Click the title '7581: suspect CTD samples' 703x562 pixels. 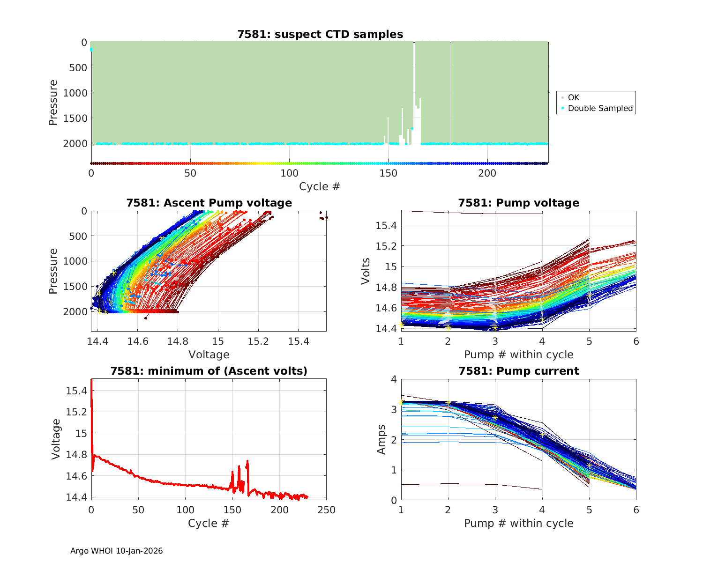(x=320, y=34)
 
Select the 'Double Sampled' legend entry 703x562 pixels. (x=600, y=108)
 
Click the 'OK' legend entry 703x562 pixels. (x=573, y=97)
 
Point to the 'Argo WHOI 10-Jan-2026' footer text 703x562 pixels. (x=116, y=551)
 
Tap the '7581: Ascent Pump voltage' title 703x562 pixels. (x=209, y=203)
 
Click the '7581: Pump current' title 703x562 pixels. (x=518, y=371)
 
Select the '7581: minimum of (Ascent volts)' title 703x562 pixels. (x=209, y=371)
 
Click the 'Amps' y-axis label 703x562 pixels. (x=381, y=439)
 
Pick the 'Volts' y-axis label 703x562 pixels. (x=366, y=271)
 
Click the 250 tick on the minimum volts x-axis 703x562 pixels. (x=327, y=510)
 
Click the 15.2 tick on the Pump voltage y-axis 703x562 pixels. (x=387, y=246)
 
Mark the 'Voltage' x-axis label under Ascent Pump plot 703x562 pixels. (x=209, y=355)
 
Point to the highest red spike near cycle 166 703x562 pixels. (x=247, y=462)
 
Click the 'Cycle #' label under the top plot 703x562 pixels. (x=320, y=186)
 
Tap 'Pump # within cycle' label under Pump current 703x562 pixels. (x=518, y=523)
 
